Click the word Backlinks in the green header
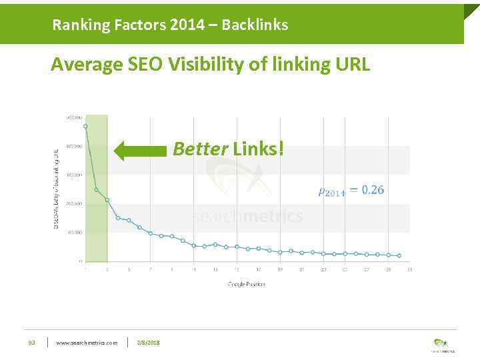click(255, 25)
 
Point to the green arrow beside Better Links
click(140, 150)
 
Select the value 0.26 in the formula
click(372, 190)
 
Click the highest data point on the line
click(85, 125)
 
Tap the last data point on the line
click(399, 256)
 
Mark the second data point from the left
click(96, 189)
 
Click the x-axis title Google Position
click(247, 284)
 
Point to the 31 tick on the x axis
click(409, 269)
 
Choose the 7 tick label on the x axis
click(150, 269)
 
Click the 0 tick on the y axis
click(81, 261)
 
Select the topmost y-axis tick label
click(74, 117)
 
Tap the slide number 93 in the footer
click(31, 343)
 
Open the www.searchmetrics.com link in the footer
click(87, 343)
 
